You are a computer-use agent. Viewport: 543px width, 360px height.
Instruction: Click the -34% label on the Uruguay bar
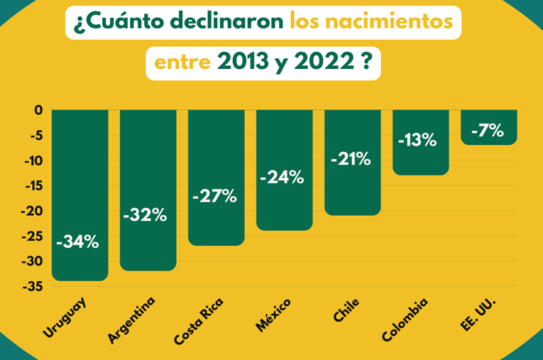[78, 242]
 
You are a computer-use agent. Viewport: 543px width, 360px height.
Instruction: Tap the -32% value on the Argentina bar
[146, 215]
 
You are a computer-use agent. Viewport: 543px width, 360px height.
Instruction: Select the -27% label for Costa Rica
[214, 197]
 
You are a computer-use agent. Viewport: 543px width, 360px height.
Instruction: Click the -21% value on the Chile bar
[351, 159]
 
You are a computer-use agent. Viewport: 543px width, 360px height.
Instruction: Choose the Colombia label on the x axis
[405, 320]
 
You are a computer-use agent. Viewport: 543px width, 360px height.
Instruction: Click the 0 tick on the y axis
[38, 110]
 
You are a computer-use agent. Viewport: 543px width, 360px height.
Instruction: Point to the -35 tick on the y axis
[32, 287]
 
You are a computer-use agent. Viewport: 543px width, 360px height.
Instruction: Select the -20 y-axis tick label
[32, 211]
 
